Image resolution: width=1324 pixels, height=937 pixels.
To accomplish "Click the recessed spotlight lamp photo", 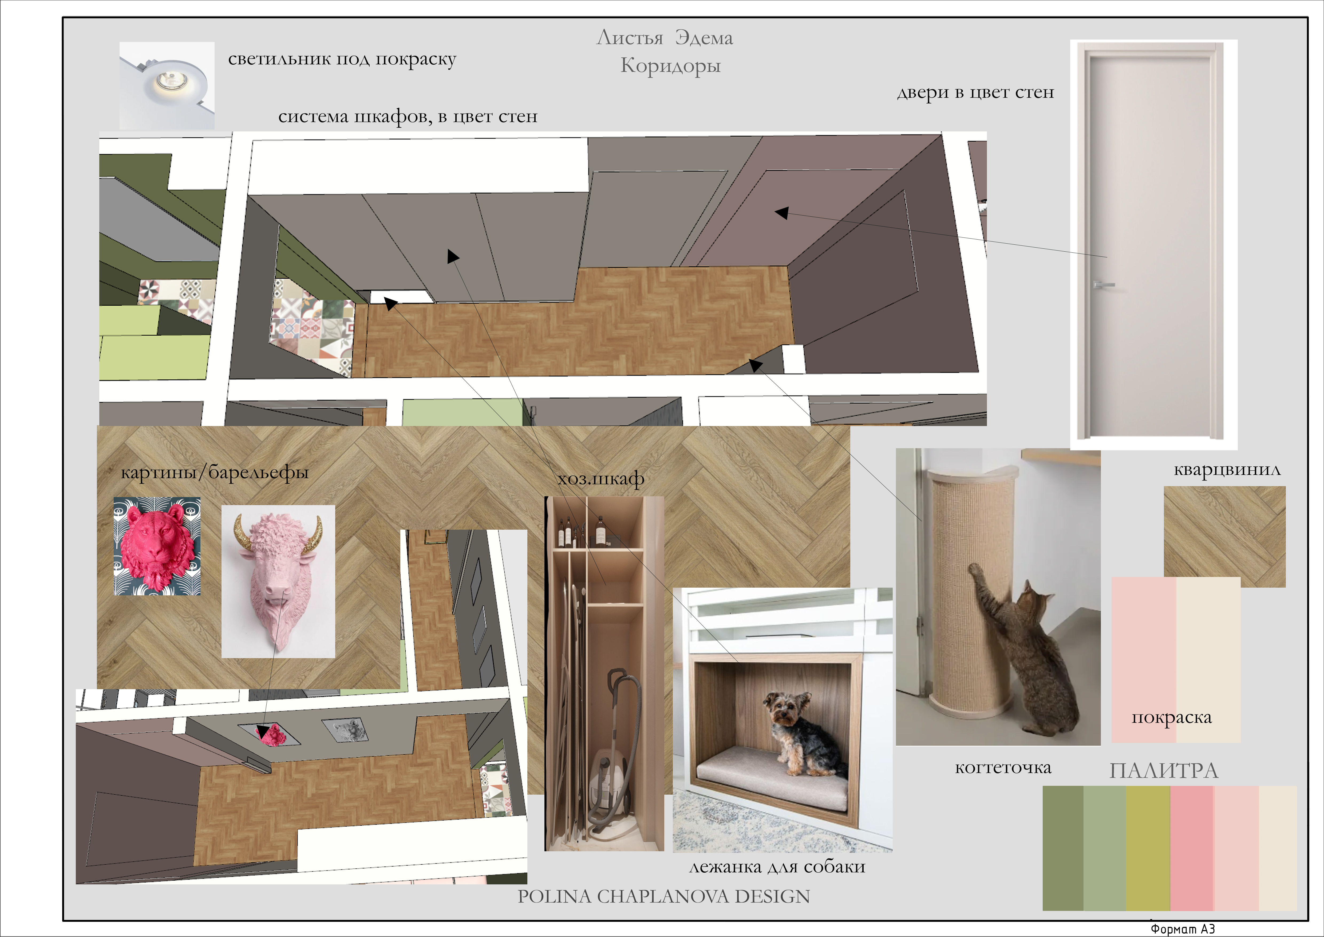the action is pyautogui.click(x=167, y=85).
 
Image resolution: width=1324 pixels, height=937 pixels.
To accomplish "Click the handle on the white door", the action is pyautogui.click(x=1102, y=284).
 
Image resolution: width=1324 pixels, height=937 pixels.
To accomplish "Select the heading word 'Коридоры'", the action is pyautogui.click(x=670, y=66).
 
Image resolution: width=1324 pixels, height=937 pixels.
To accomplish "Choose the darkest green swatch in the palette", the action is pyautogui.click(x=1063, y=848).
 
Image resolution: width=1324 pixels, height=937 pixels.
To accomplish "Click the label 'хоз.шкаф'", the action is pyautogui.click(x=601, y=479).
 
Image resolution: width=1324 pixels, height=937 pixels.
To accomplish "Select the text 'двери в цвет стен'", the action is pyautogui.click(x=975, y=92).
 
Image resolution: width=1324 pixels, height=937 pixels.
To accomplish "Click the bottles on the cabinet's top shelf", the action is pyautogui.click(x=582, y=531).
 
